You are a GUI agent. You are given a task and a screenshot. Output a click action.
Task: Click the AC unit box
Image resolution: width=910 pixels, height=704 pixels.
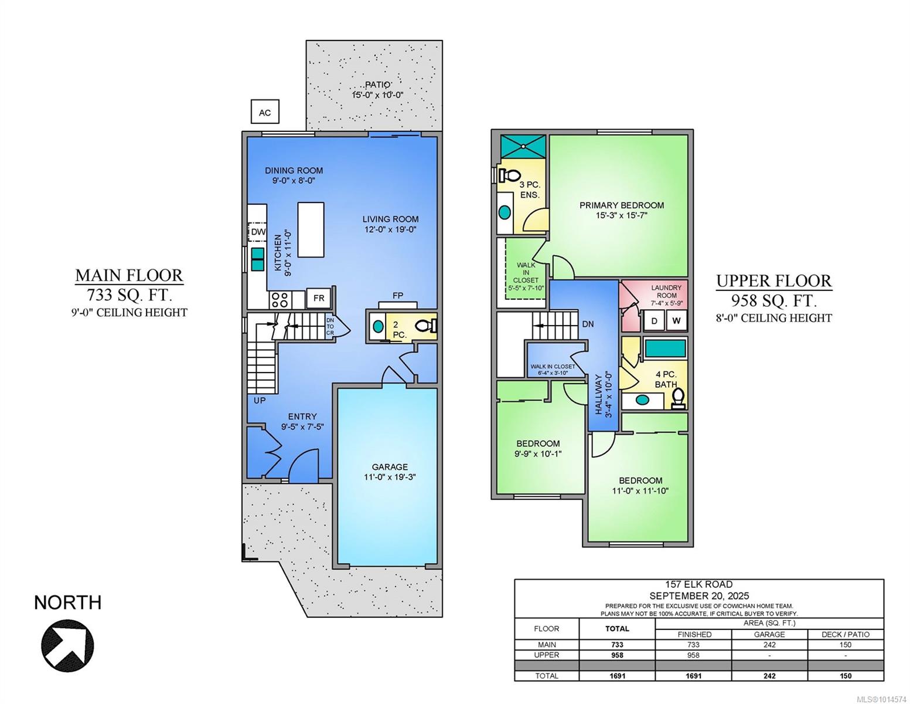(x=265, y=111)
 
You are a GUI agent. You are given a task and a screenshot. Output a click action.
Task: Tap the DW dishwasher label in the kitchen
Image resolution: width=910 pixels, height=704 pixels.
(x=258, y=232)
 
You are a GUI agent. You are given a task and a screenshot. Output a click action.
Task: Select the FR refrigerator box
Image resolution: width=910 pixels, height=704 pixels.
(x=319, y=298)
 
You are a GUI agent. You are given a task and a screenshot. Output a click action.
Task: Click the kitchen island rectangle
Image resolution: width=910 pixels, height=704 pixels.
(x=311, y=230)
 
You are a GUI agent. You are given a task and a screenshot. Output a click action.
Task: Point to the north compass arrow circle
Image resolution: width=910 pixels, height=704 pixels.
(x=67, y=645)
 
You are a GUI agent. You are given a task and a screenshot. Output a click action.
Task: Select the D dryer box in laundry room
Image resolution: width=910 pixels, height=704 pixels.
(x=654, y=321)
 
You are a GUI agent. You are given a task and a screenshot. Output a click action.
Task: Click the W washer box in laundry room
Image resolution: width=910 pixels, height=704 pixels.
(x=676, y=321)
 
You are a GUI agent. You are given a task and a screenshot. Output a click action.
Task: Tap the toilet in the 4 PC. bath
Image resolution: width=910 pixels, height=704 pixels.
(x=678, y=398)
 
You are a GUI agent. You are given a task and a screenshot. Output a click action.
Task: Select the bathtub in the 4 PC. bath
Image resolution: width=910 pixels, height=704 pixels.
(x=665, y=348)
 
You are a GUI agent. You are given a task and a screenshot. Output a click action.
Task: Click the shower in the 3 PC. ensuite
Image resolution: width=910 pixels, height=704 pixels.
(x=523, y=146)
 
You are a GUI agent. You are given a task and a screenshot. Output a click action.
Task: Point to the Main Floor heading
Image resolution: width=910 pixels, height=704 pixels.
(x=129, y=276)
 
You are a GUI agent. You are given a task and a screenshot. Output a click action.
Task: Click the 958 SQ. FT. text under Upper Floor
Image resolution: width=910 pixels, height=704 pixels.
(x=774, y=300)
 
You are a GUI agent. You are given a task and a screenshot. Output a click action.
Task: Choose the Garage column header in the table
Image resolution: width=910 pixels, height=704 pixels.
(x=769, y=634)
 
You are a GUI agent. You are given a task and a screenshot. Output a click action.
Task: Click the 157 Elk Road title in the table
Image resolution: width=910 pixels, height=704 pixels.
(x=699, y=584)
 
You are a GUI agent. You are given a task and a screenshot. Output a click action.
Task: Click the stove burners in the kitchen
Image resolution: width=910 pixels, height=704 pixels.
(x=280, y=300)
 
